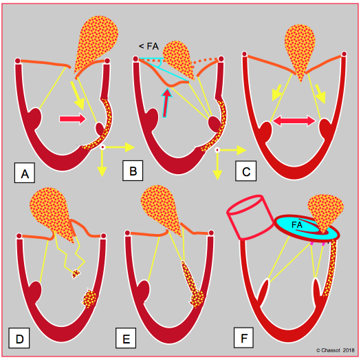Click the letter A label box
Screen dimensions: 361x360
[25, 173]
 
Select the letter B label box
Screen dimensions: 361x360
[133, 171]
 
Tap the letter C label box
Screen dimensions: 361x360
[246, 171]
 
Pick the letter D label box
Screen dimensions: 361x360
[19, 338]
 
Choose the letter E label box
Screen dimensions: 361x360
[126, 338]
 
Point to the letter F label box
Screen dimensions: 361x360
[243, 337]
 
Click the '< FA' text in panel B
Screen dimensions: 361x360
[149, 46]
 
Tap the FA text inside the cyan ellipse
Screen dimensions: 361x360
[296, 225]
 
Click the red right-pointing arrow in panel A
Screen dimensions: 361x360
[73, 118]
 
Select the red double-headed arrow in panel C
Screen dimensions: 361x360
[294, 120]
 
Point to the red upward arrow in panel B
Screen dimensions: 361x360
[166, 103]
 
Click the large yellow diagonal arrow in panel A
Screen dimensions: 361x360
[78, 96]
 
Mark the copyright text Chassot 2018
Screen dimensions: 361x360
[336, 350]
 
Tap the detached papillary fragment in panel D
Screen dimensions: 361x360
[76, 274]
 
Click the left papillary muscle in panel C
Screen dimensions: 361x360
[265, 131]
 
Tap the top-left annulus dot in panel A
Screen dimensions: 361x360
[17, 61]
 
